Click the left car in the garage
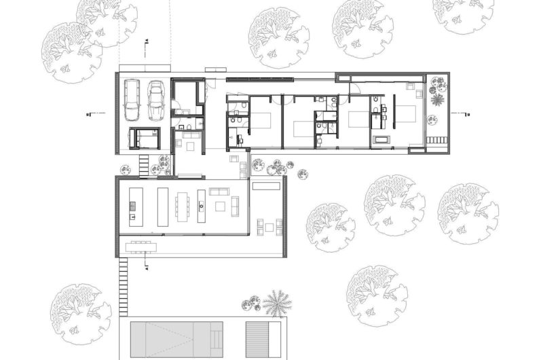coord(132,101)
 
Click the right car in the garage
coord(157,100)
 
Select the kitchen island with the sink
coord(134,206)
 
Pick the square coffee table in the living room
coord(220,203)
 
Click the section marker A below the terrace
coord(147,267)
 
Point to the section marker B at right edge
coord(466,114)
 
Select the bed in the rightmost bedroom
coord(405,114)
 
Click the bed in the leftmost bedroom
coord(262,121)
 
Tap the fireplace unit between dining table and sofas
coord(202,206)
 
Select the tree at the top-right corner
coord(464,14)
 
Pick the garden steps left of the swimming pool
coord(123,285)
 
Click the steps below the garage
coord(144,164)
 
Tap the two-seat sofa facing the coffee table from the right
coord(236,204)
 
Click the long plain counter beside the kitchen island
coord(163,206)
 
